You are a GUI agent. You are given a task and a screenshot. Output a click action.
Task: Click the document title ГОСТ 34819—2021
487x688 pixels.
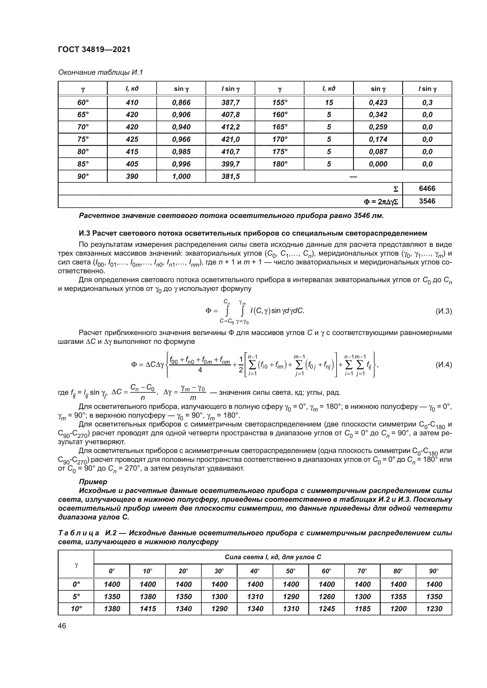coord(94,49)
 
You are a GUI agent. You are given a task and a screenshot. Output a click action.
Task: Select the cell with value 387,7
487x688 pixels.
coord(230,102)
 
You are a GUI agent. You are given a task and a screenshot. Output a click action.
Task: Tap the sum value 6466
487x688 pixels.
coord(427,189)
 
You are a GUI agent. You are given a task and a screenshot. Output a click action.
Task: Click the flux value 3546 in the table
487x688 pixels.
coord(427,201)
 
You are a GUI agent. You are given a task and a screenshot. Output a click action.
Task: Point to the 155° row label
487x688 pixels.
coord(279,102)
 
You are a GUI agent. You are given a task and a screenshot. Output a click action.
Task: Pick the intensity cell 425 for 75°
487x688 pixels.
coord(132,139)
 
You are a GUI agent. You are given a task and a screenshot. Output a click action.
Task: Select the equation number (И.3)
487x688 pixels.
coord(443,311)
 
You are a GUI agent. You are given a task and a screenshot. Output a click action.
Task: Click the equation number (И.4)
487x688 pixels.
coord(443,365)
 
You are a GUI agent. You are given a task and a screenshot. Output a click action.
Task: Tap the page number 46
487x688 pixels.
coord(62,626)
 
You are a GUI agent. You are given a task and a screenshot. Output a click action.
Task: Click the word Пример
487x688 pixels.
coord(93,482)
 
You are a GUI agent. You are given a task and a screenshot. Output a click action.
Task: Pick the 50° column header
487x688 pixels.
coord(291,571)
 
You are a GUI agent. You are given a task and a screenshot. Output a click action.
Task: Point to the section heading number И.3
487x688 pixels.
coord(84,233)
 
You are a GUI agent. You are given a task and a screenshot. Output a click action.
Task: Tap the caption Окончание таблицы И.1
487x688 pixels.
coord(100,73)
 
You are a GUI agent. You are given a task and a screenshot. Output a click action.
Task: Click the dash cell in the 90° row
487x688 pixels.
coord(353,176)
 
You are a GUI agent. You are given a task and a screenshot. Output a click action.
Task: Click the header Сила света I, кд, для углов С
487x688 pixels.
coord(273,557)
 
